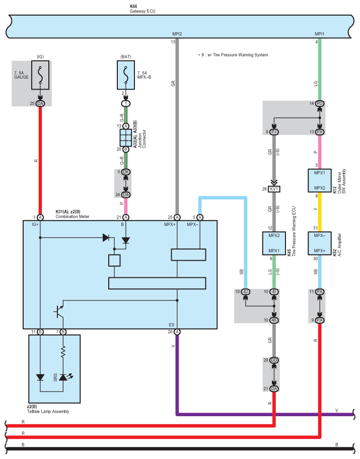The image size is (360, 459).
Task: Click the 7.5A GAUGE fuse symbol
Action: click(40, 75)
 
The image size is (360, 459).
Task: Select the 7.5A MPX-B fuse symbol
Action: click(126, 75)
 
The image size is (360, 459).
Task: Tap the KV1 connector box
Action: click(274, 189)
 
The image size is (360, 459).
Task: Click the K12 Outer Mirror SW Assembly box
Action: click(320, 181)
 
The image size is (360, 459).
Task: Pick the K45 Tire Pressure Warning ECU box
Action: click(274, 243)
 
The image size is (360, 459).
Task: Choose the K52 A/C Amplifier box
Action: click(320, 243)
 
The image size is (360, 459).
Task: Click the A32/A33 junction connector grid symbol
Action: click(126, 137)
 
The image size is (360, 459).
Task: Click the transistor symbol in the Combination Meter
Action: click(59, 312)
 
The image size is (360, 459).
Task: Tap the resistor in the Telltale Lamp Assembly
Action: click(63, 352)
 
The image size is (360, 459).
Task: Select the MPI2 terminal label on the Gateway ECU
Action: click(177, 34)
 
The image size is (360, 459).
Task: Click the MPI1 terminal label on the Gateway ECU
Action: click(320, 34)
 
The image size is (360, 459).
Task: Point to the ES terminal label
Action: click(172, 325)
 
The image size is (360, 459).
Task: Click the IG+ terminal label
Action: click(35, 224)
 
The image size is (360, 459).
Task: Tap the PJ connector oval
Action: click(274, 132)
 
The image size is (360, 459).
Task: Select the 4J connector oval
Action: click(246, 292)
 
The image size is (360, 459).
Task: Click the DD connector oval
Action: click(274, 360)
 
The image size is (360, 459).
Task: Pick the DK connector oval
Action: click(126, 172)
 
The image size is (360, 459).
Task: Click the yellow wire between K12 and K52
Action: click(320, 212)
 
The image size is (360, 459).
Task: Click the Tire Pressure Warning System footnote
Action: click(233, 55)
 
